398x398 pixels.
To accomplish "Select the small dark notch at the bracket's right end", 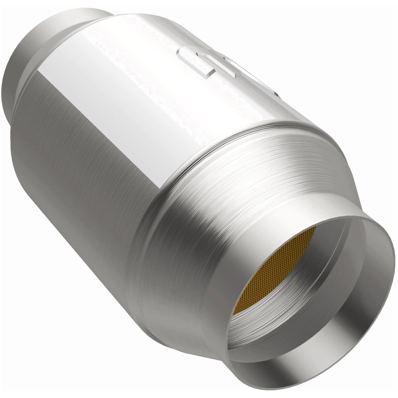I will [x=277, y=95].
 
